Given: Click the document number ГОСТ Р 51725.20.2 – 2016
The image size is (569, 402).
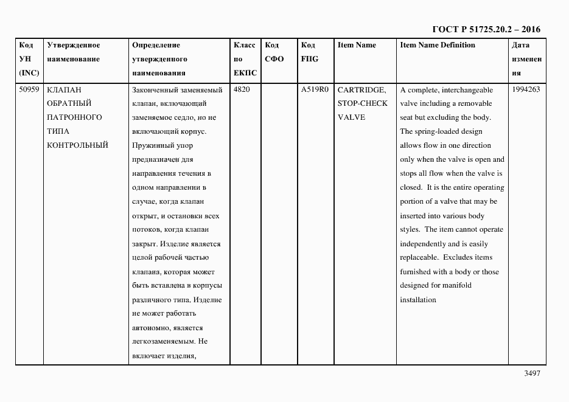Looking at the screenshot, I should pyautogui.click(x=486, y=29).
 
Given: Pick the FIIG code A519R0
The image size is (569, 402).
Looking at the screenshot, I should pyautogui.click(x=315, y=90).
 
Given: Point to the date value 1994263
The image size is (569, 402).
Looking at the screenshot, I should pyautogui.click(x=526, y=90).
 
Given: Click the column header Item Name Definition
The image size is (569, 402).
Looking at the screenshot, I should pyautogui.click(x=438, y=45).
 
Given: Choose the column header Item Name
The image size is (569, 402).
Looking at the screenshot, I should pyautogui.click(x=357, y=45).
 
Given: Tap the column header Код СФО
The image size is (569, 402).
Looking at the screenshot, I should pyautogui.click(x=274, y=52).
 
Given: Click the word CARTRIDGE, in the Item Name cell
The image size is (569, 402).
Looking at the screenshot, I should pyautogui.click(x=361, y=90).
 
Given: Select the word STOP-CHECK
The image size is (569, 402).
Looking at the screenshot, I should pyautogui.click(x=362, y=103).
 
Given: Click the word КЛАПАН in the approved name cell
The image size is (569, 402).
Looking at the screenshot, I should pyautogui.click(x=64, y=90).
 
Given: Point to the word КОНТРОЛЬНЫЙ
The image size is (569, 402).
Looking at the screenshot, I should pyautogui.click(x=77, y=145).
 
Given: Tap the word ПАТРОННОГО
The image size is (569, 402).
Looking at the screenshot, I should pyautogui.click(x=74, y=117).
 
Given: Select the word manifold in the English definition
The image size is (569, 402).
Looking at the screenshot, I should pyautogui.click(x=458, y=285).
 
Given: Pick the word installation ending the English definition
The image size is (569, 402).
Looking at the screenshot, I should pyautogui.click(x=418, y=299).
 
